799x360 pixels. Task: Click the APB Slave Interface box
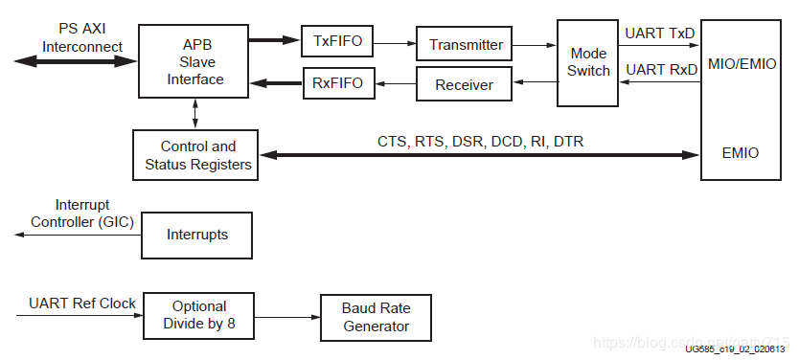195,61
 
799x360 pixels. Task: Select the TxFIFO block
337,42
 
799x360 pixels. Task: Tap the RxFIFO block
337,83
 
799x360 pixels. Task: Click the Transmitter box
466,44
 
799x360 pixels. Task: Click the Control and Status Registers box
197,155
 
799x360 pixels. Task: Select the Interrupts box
197,234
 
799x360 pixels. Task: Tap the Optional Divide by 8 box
198,316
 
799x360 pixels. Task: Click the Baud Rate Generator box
377,317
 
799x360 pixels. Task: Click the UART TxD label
659,34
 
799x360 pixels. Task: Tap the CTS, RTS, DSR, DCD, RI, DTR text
480,142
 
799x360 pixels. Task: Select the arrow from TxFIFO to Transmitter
395,43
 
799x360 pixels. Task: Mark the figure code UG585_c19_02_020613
735,349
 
